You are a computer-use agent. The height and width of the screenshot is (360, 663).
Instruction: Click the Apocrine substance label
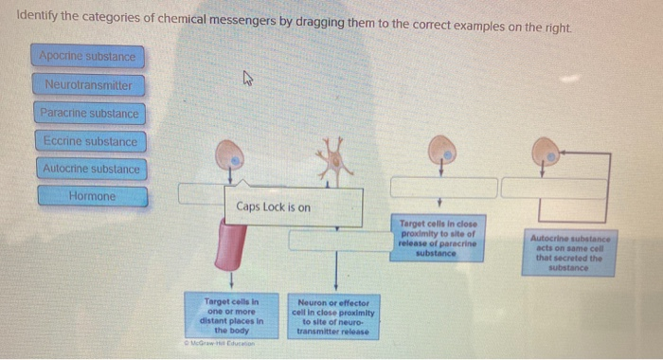pyautogui.click(x=88, y=57)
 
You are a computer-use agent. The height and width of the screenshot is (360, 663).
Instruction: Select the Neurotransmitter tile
pyautogui.click(x=88, y=85)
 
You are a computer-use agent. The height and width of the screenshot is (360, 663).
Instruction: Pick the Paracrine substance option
pyautogui.click(x=89, y=114)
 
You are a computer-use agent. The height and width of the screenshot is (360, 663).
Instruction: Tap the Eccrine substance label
pyautogui.click(x=89, y=142)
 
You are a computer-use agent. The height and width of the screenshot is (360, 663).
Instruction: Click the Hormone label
pyautogui.click(x=93, y=197)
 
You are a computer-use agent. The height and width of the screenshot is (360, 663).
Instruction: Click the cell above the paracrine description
pyautogui.click(x=439, y=148)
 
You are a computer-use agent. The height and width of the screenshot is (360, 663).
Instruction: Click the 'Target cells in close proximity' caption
pyautogui.click(x=437, y=237)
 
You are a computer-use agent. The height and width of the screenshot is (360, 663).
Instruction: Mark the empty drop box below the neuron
pyautogui.click(x=334, y=241)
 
